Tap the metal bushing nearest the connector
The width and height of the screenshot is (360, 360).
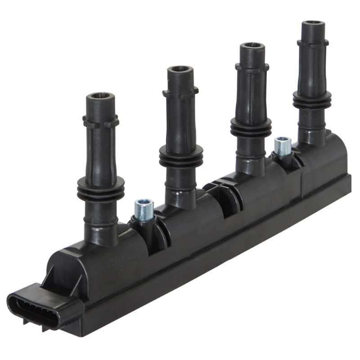click(144, 209)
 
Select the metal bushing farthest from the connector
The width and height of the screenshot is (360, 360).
click(283, 146)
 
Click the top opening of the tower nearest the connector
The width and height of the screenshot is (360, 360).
click(100, 96)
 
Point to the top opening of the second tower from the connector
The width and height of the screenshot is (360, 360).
click(180, 70)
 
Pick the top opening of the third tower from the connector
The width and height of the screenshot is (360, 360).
click(252, 45)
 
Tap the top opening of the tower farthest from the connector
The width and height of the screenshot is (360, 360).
click(313, 23)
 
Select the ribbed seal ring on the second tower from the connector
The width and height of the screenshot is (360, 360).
click(181, 155)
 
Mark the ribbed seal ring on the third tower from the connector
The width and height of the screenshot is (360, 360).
click(251, 127)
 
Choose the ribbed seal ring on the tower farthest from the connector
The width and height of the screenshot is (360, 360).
click(312, 100)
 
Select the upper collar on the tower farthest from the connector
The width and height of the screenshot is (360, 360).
click(313, 44)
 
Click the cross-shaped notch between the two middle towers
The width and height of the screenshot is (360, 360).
click(219, 189)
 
